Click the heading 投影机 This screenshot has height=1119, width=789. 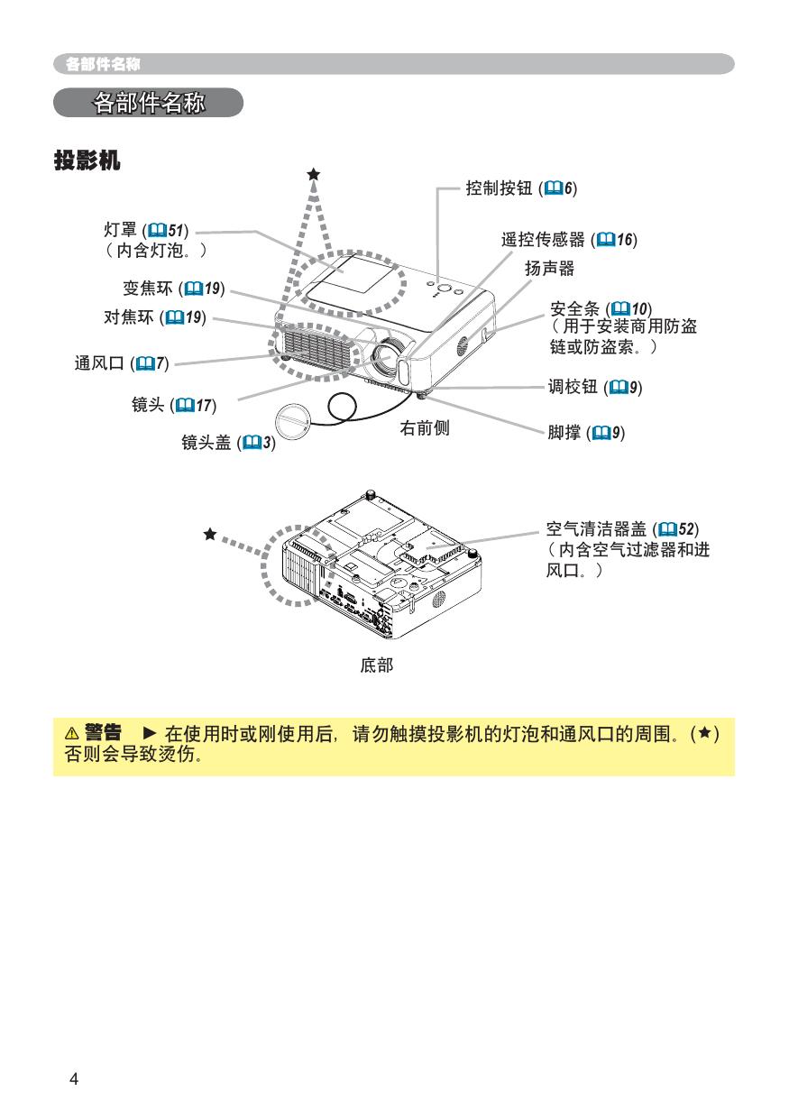click(x=87, y=161)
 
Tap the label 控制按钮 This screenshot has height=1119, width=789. click(x=500, y=188)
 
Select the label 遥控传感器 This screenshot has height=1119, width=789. click(x=544, y=240)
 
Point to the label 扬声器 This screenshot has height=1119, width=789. click(x=549, y=269)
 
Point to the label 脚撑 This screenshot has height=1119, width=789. click(x=564, y=433)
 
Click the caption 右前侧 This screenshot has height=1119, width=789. click(x=425, y=428)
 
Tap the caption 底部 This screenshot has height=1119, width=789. click(x=376, y=665)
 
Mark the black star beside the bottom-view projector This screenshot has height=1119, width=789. click(x=210, y=534)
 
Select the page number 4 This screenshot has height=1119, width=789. click(x=74, y=1080)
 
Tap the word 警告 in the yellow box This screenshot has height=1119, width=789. click(x=103, y=730)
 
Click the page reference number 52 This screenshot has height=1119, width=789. click(x=687, y=527)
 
